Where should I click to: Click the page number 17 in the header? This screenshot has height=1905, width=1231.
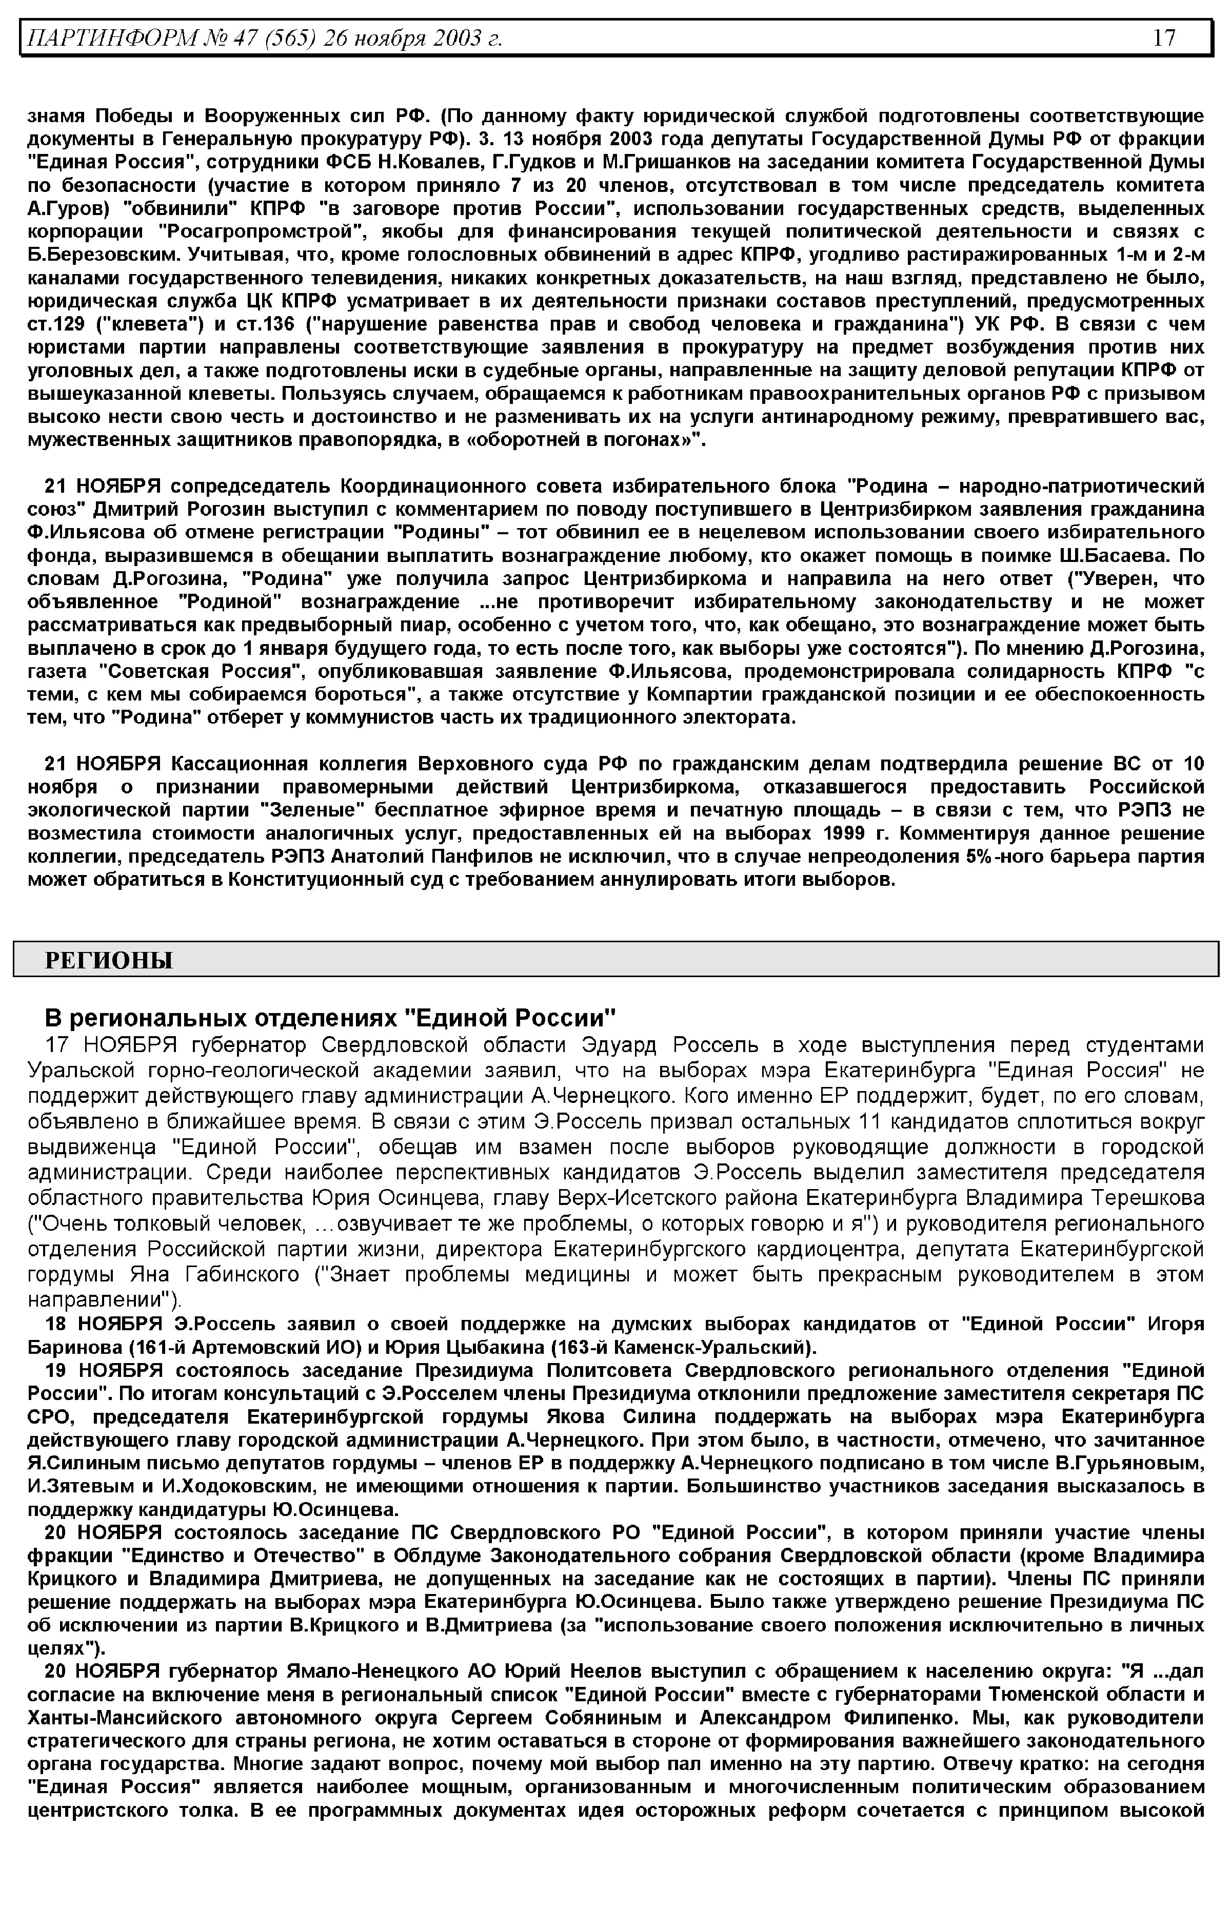click(1164, 37)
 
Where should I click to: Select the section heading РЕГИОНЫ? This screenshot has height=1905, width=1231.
click(109, 960)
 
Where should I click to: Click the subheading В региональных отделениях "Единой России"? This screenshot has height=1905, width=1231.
click(330, 1018)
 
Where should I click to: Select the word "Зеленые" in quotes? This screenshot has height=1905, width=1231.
click(313, 810)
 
